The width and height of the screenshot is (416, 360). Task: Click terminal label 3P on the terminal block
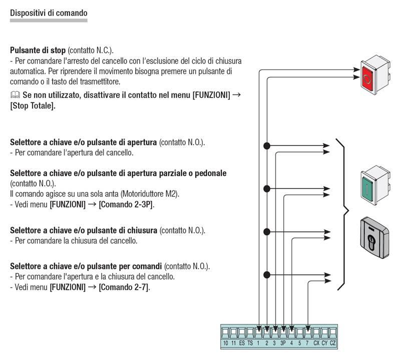283,343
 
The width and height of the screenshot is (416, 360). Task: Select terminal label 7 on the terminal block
307,343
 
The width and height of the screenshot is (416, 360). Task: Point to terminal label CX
316,343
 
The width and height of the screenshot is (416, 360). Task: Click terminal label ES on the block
242,343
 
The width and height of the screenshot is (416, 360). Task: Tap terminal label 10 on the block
225,343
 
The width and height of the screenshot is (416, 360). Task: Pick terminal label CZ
333,343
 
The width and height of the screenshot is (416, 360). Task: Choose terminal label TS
250,343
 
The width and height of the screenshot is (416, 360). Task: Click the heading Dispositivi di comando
49,13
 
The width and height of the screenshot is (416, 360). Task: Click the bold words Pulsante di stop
38,50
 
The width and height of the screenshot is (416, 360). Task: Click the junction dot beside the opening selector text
267,146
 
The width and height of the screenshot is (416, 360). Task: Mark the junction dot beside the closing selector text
267,231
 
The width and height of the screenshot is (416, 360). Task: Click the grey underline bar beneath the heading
49,20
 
